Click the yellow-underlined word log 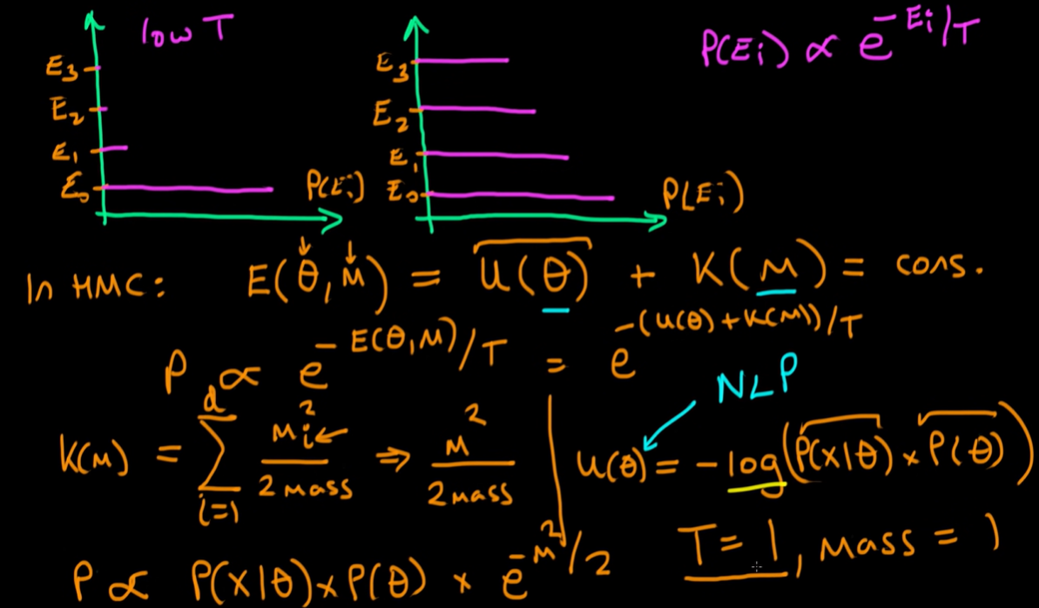pyautogui.click(x=755, y=465)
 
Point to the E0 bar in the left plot pyautogui.click(x=187, y=188)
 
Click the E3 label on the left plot pyautogui.click(x=64, y=68)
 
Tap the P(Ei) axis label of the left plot pyautogui.click(x=334, y=186)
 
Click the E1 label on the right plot pyautogui.click(x=400, y=158)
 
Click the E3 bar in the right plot pyautogui.click(x=462, y=60)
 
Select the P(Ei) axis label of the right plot pyautogui.click(x=703, y=194)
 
